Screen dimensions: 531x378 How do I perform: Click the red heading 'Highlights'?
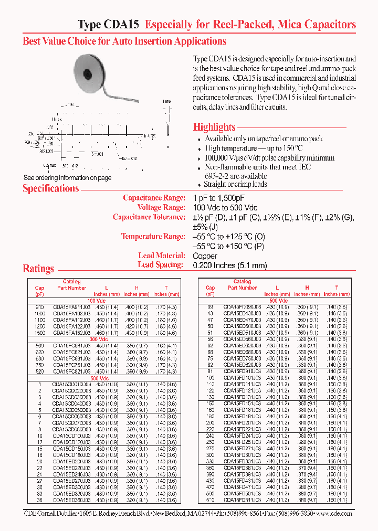click(x=214, y=127)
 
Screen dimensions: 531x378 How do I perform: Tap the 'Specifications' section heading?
click(x=50, y=189)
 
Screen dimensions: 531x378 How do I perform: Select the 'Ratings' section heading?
click(x=38, y=269)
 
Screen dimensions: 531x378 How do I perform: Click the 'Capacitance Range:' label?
click(x=154, y=198)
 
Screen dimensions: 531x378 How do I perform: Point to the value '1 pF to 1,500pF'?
click(x=219, y=198)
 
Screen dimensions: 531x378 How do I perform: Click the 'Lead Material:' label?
click(x=161, y=256)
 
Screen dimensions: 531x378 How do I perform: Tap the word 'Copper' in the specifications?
click(x=205, y=256)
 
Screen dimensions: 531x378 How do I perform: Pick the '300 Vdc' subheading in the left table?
click(x=98, y=339)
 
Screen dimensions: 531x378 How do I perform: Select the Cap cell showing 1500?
click(x=40, y=333)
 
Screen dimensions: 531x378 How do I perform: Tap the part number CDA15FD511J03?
click(x=242, y=500)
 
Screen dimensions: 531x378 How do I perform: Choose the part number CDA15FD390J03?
click(x=242, y=306)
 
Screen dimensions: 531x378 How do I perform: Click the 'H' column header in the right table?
click(x=307, y=288)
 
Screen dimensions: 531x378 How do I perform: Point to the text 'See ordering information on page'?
click(x=67, y=178)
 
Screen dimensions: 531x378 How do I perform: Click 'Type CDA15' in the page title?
click(x=109, y=25)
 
